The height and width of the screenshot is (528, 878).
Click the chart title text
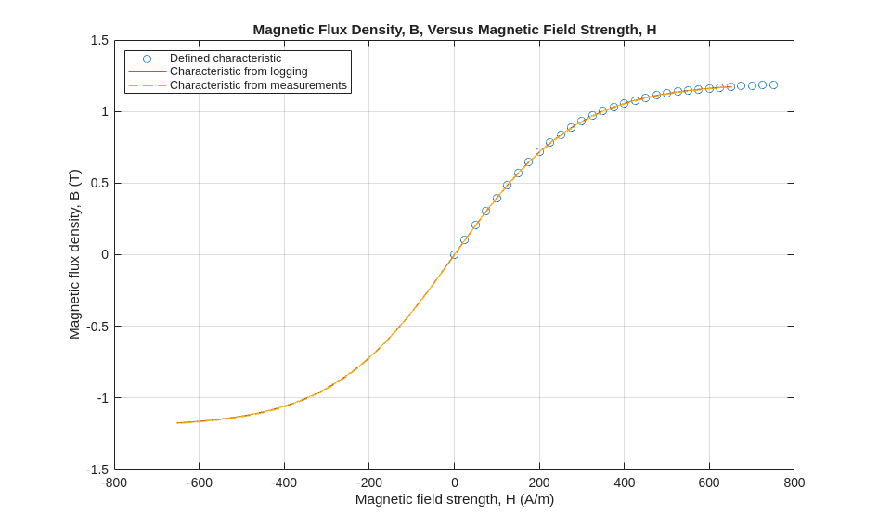(454, 29)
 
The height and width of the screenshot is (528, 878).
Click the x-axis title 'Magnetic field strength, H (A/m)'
(454, 499)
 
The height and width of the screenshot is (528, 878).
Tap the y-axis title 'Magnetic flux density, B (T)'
(74, 254)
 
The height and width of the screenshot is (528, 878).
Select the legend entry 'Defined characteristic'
(226, 58)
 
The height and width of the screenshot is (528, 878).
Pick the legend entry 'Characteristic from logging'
(239, 71)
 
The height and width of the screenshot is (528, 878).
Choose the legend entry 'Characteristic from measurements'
(258, 85)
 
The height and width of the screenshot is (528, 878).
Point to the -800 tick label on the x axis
(114, 483)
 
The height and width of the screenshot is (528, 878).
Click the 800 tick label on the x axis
(794, 483)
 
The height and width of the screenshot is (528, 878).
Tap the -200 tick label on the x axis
(368, 483)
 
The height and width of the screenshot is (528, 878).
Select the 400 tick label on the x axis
(625, 483)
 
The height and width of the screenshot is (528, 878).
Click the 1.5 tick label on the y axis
(99, 40)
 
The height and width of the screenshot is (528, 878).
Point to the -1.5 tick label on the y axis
(97, 470)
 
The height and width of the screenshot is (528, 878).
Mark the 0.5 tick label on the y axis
(99, 183)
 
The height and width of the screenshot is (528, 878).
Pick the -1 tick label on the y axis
(102, 398)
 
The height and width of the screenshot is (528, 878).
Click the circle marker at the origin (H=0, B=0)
(454, 254)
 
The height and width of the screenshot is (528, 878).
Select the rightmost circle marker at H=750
(773, 84)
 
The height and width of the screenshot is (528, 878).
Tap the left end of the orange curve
(177, 423)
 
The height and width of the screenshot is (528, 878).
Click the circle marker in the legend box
(147, 58)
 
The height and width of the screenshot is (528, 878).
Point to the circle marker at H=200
(539, 151)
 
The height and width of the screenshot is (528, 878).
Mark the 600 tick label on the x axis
(709, 483)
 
